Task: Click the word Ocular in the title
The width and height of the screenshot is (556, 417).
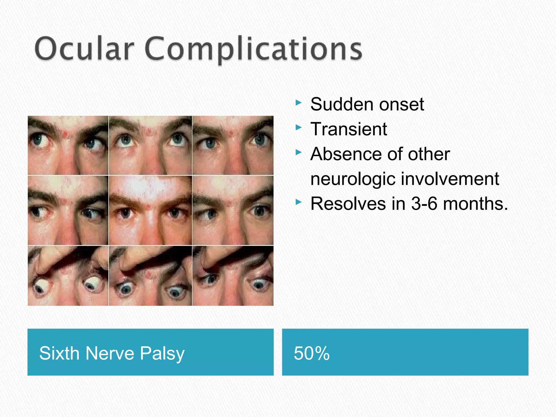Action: (84, 49)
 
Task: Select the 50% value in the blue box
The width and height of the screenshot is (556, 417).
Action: (312, 353)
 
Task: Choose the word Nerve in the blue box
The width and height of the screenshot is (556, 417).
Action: (110, 353)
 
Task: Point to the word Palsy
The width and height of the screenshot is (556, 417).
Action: (162, 354)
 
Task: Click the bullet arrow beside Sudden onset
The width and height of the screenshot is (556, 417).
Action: (298, 103)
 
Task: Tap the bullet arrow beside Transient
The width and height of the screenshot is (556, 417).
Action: (298, 127)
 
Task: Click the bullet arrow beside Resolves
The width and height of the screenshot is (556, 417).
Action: (298, 202)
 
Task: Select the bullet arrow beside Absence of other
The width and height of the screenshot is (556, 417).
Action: (298, 152)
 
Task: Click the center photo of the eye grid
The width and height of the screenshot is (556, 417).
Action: (150, 210)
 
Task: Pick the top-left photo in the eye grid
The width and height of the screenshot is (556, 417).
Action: (68, 145)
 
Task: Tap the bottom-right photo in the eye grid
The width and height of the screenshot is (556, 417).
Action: (233, 276)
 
